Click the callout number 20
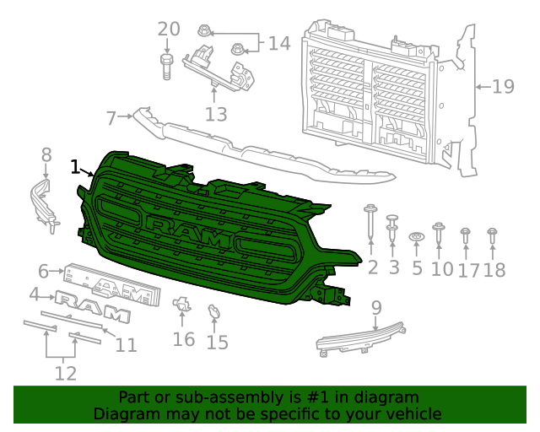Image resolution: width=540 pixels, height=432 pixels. (x=169, y=29)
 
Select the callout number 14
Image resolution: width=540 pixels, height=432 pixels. (x=278, y=43)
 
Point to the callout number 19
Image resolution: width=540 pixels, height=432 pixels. (x=503, y=86)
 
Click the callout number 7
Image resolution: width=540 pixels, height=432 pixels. (x=111, y=117)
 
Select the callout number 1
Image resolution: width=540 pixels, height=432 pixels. (x=76, y=166)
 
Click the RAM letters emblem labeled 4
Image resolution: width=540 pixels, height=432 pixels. (x=93, y=306)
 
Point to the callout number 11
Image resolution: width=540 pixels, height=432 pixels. (x=126, y=344)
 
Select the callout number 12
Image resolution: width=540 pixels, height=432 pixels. (x=65, y=372)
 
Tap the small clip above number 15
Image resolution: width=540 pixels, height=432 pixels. (x=214, y=312)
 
